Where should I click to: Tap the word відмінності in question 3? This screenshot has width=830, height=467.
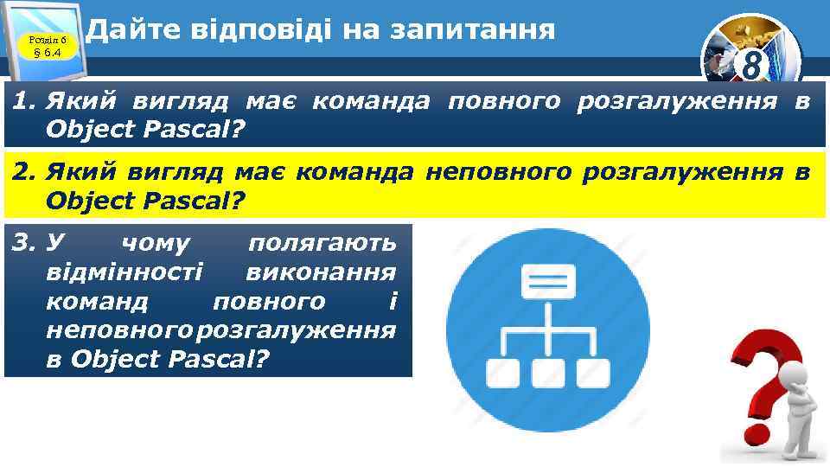tap(125, 272)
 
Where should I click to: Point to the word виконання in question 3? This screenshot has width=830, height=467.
tap(321, 272)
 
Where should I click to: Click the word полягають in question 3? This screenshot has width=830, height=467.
tap(322, 245)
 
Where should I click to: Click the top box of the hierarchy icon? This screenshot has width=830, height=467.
tap(546, 282)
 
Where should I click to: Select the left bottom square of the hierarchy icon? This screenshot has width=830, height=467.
tap(502, 373)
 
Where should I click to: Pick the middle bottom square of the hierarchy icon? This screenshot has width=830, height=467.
tap(546, 373)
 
